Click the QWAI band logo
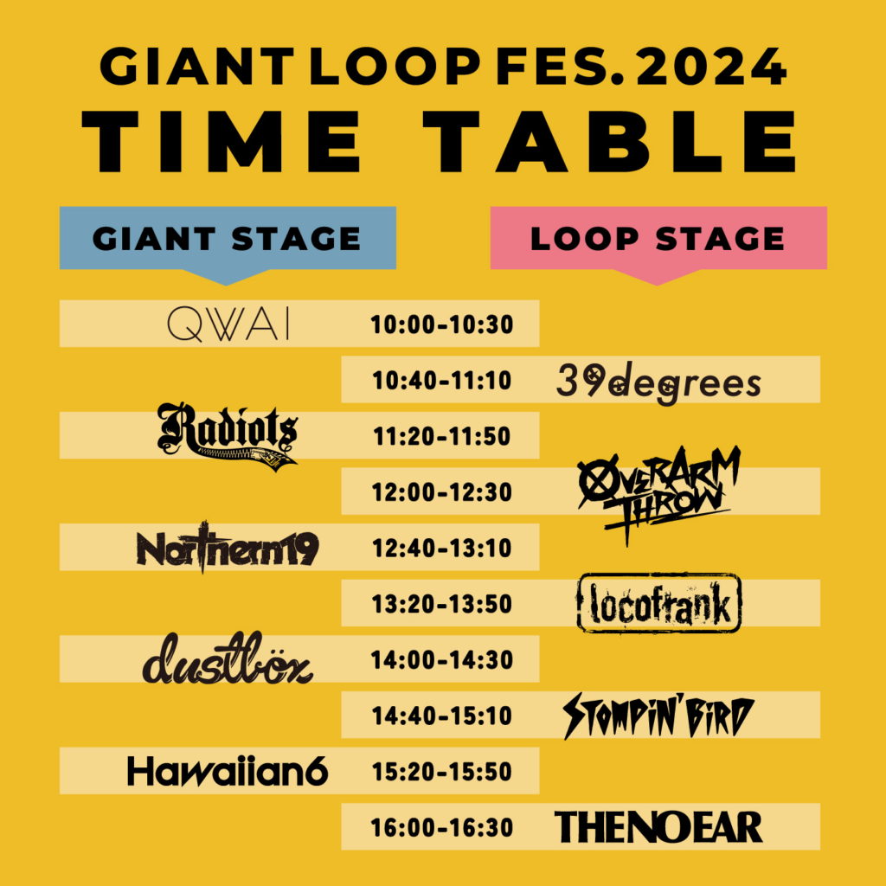[x=228, y=324]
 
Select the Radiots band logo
[x=228, y=436]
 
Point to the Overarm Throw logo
[x=658, y=494]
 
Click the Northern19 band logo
[x=228, y=548]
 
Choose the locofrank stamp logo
[x=658, y=602]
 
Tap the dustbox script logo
[x=228, y=658]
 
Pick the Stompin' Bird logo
[x=658, y=716]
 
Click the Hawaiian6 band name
[x=228, y=771]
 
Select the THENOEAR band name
[x=658, y=826]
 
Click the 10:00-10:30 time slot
[x=442, y=324]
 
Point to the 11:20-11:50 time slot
[x=442, y=436]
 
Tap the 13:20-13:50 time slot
[x=442, y=603]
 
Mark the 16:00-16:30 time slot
[x=442, y=827]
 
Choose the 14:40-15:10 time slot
[x=442, y=716]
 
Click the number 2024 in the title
[x=712, y=66]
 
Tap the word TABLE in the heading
[x=610, y=141]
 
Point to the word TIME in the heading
[x=221, y=141]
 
